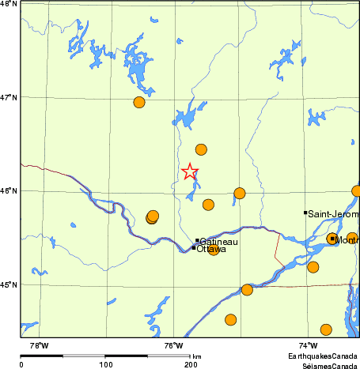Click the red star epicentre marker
pyautogui.click(x=190, y=171)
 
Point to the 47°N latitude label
pyautogui.click(x=9, y=97)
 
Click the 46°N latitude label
pyautogui.click(x=9, y=190)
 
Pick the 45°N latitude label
pyautogui.click(x=9, y=284)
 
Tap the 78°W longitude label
pyautogui.click(x=38, y=345)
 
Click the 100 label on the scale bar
pyautogui.click(x=105, y=364)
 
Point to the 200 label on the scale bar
pyautogui.click(x=191, y=364)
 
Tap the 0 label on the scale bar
pyautogui.click(x=21, y=364)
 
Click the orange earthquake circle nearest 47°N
pyautogui.click(x=139, y=102)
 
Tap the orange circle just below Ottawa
pyautogui.click(x=213, y=250)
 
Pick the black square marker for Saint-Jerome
pyautogui.click(x=305, y=213)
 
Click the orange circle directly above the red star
pyautogui.click(x=201, y=149)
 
